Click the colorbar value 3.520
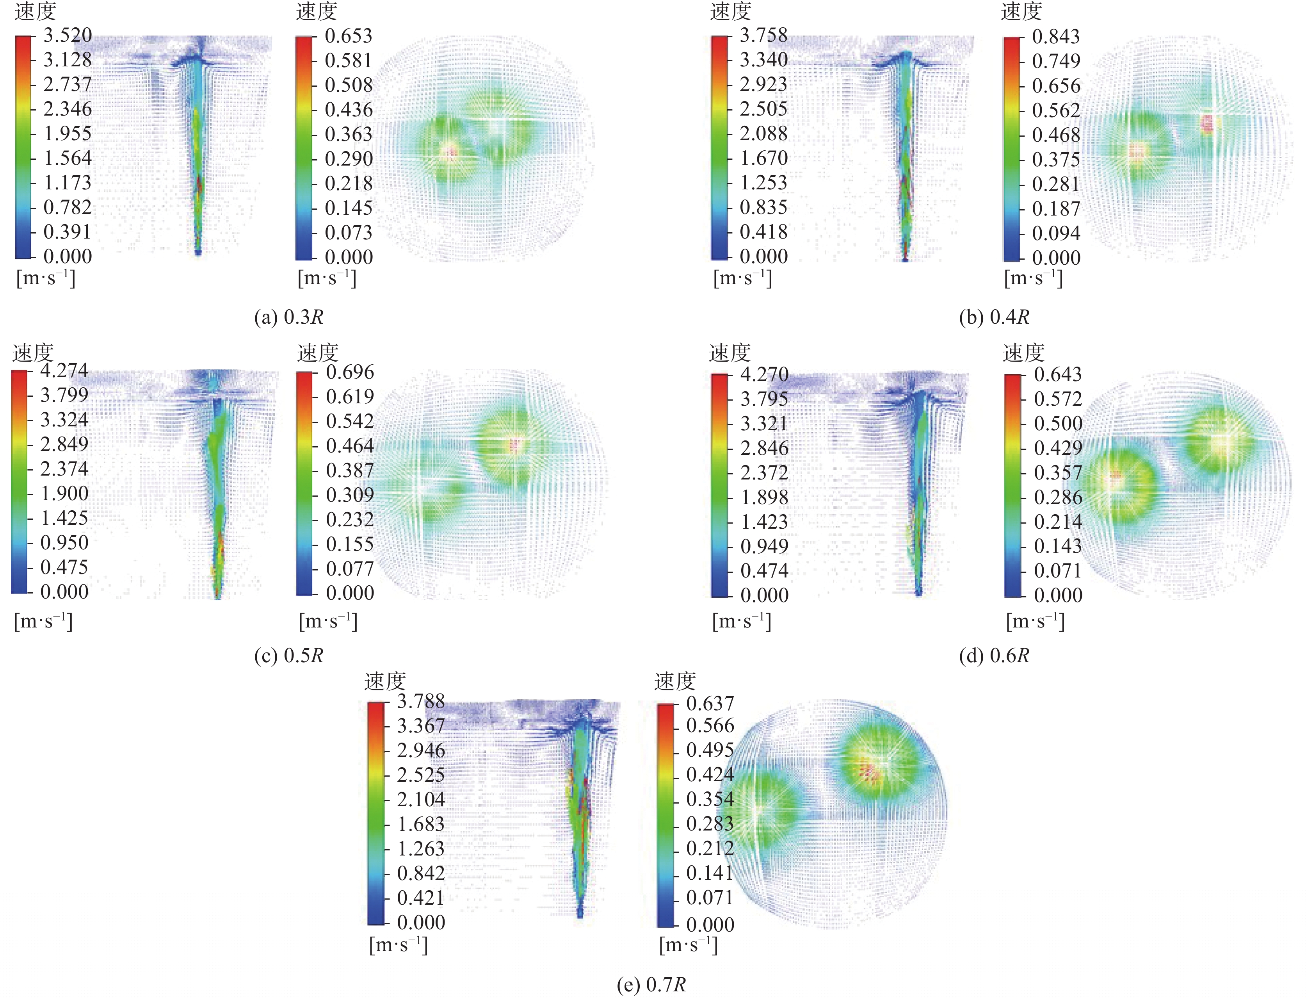pos(68,35)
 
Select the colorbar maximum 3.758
pos(763,35)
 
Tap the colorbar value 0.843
pos(1056,36)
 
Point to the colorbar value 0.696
pos(350,372)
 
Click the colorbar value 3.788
pos(420,702)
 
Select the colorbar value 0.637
pos(710,703)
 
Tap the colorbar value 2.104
pos(420,800)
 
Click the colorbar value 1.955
pos(68,134)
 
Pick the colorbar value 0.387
pos(350,470)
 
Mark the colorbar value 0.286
pos(1058,497)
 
